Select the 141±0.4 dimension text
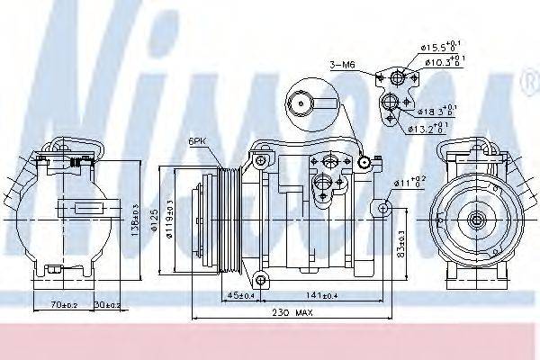[x=321, y=293]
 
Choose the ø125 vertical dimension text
[x=154, y=219]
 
